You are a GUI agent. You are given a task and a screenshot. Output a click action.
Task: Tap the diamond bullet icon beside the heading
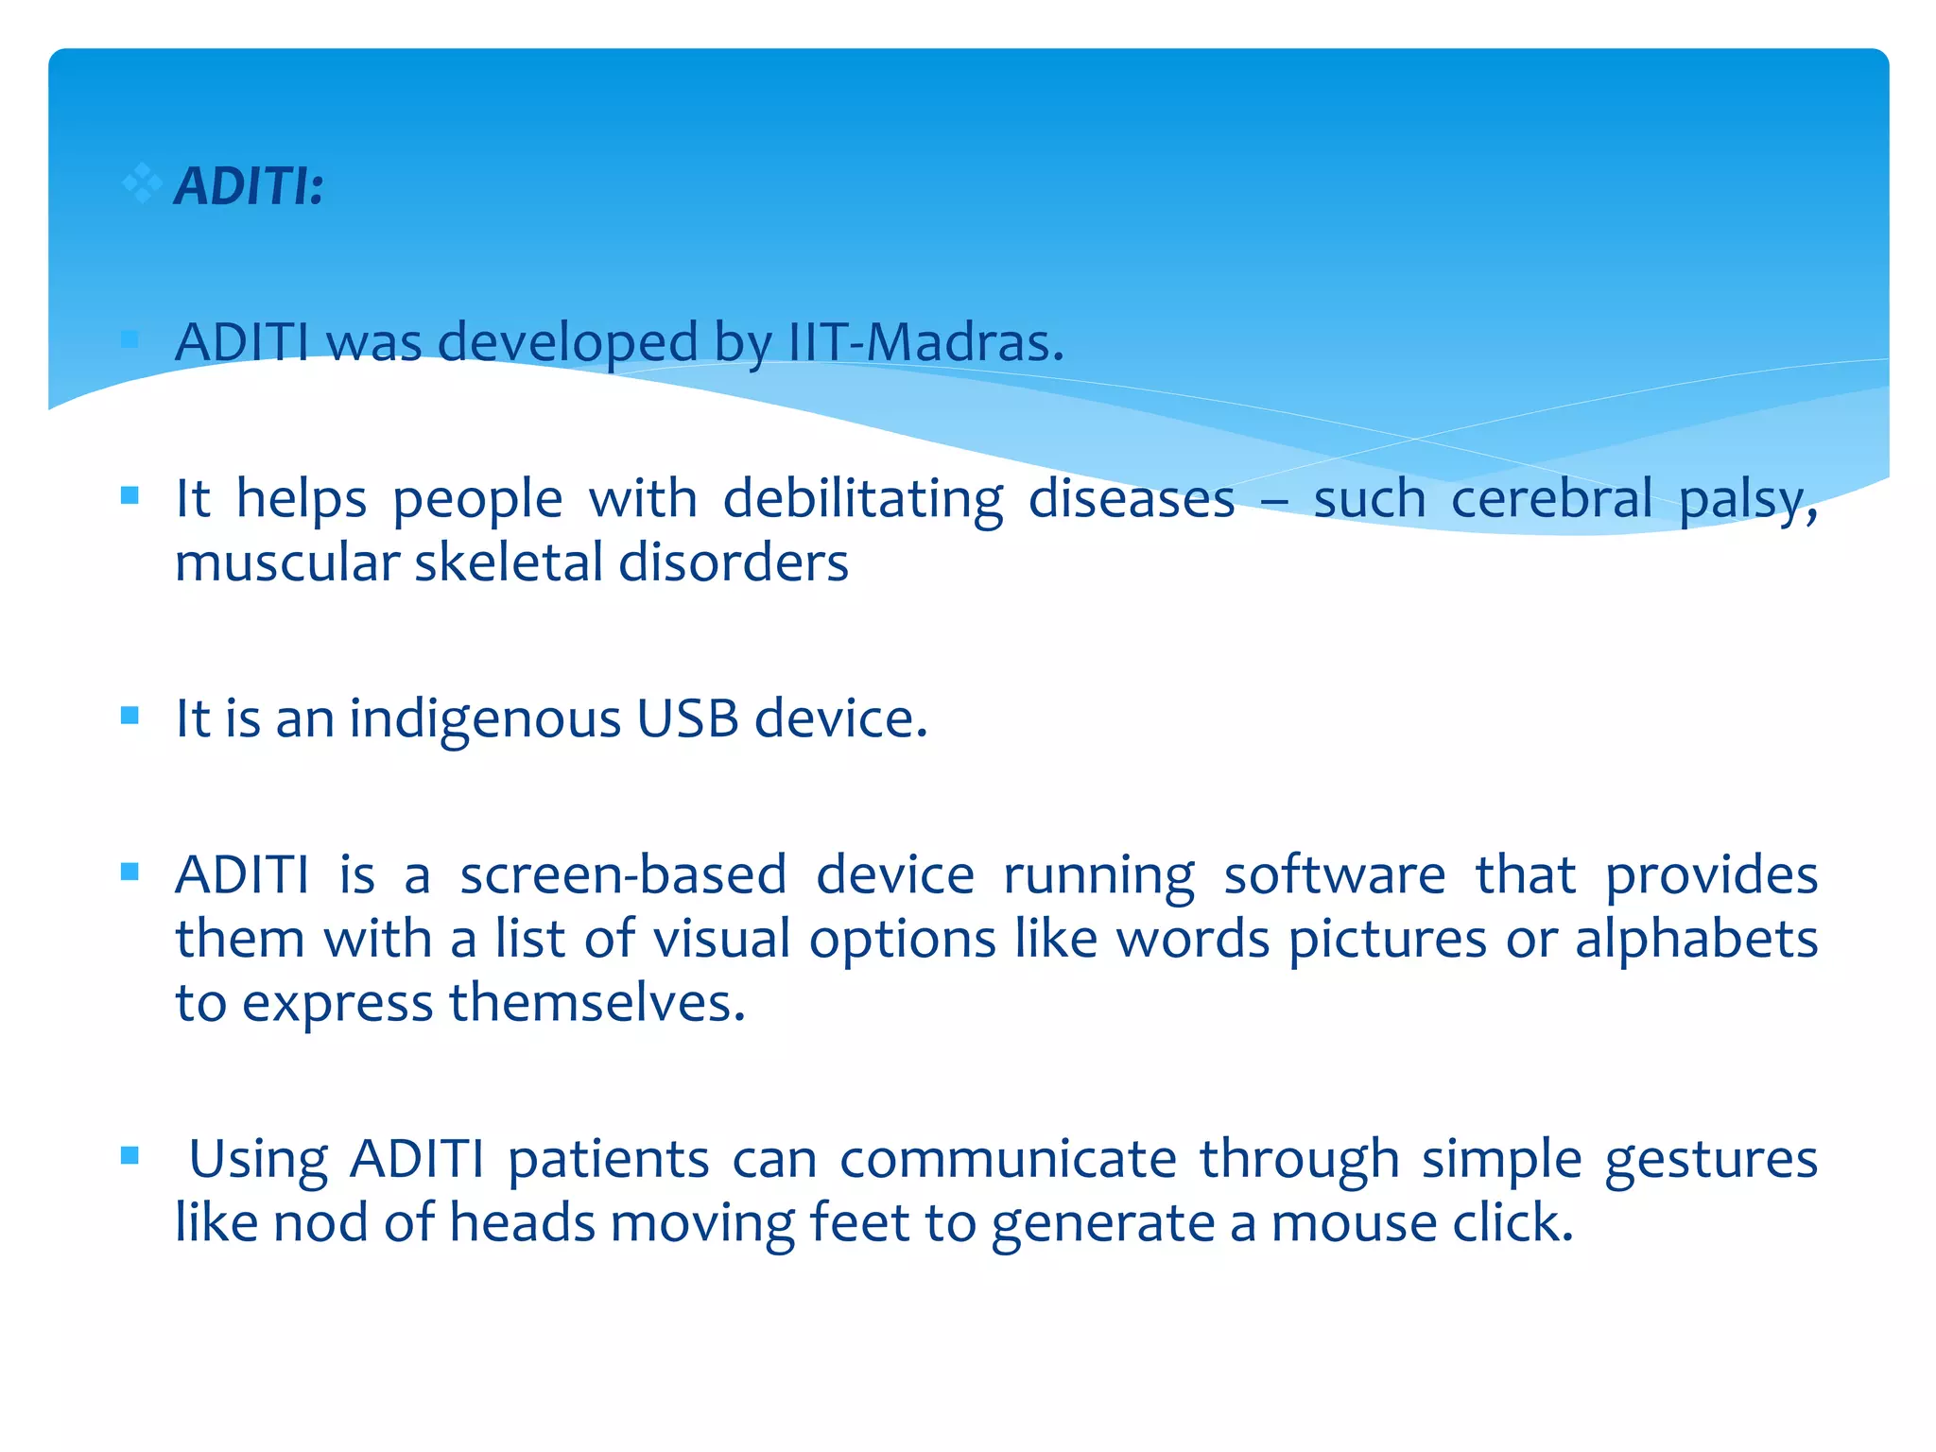point(142,182)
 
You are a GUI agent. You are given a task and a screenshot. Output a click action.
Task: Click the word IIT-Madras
point(925,342)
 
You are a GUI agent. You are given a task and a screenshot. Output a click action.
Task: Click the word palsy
point(1747,501)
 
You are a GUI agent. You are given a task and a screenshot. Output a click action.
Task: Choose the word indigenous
point(485,720)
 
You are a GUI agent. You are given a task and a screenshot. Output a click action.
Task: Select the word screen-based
point(623,875)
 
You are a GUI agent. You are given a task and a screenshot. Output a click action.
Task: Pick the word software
point(1334,875)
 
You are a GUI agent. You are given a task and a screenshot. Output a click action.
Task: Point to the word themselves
point(596,1003)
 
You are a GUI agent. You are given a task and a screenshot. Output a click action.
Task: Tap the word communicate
point(1008,1159)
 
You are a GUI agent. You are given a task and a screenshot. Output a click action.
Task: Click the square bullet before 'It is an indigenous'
point(130,716)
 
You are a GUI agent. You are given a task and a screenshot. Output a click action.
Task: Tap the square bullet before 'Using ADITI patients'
point(130,1155)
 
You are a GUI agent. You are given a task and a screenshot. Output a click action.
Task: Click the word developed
point(567,344)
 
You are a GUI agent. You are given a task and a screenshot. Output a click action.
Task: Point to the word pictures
point(1387,942)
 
